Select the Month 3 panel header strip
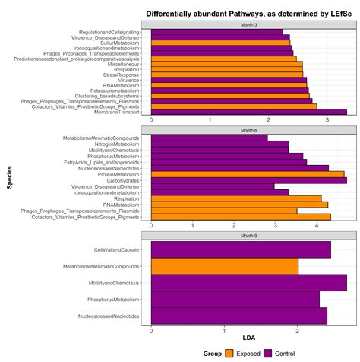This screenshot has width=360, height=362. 249,24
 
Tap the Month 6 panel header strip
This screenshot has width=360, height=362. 249,130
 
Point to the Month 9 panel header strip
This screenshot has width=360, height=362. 249,236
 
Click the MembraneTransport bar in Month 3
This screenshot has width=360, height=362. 248,113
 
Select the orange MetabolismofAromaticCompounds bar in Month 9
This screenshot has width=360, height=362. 224,266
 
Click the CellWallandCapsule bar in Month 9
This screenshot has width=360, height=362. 241,249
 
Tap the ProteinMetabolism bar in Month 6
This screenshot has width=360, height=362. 248,173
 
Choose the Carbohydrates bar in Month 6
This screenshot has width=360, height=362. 248,180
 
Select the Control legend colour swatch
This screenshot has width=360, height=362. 267,353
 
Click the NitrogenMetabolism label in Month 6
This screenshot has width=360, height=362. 117,144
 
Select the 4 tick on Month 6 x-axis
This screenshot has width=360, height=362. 317,225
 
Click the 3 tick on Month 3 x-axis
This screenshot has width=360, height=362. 327,120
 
